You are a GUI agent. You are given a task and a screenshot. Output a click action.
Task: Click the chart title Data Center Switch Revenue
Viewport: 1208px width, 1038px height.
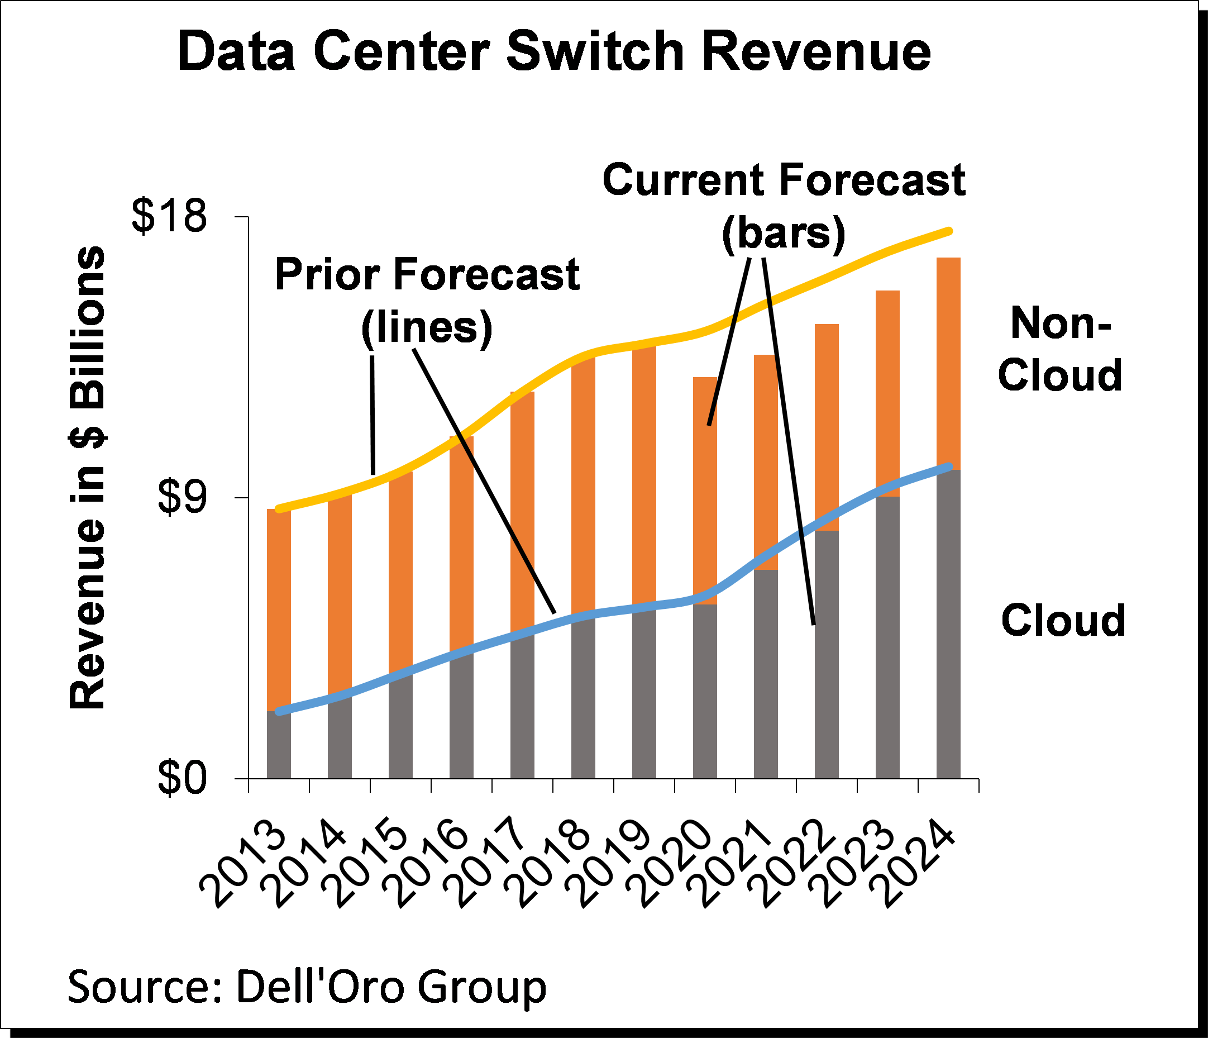pyautogui.click(x=554, y=53)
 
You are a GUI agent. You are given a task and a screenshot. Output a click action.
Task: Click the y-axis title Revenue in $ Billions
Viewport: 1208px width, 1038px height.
pyautogui.click(x=88, y=478)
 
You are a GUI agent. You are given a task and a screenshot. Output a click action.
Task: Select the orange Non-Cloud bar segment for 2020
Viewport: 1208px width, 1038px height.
pyautogui.click(x=705, y=490)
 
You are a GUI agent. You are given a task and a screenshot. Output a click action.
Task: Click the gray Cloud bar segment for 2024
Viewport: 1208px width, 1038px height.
pyautogui.click(x=948, y=624)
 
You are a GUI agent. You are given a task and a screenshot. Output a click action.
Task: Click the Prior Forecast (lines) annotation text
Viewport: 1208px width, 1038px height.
pyautogui.click(x=427, y=300)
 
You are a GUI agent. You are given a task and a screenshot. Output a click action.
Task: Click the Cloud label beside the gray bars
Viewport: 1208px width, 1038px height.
pyautogui.click(x=1063, y=620)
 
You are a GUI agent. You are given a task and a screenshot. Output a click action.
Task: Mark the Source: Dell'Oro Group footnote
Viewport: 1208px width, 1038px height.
pyautogui.click(x=307, y=986)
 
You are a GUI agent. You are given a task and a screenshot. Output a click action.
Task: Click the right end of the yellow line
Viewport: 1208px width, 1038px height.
pyautogui.click(x=950, y=231)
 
